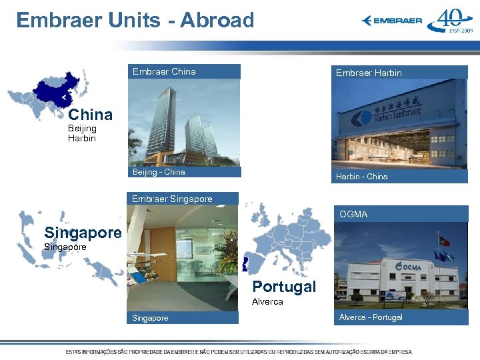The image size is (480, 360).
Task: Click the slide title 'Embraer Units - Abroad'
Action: pyautogui.click(x=135, y=20)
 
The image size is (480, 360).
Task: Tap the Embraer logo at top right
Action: pyautogui.click(x=392, y=21)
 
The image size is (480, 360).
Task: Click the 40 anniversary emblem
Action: pyautogui.click(x=450, y=21)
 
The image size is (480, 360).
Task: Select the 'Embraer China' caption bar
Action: pyautogui.click(x=183, y=71)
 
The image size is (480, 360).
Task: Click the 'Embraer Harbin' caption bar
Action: pyautogui.click(x=400, y=73)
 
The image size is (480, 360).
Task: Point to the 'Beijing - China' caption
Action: pyautogui.click(x=183, y=172)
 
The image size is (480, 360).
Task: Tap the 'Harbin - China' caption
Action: pyautogui.click(x=400, y=177)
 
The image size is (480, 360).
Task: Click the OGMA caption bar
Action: pyautogui.click(x=400, y=214)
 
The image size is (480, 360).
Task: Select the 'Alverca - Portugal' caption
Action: pyautogui.click(x=400, y=317)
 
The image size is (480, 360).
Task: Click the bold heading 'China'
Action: pyautogui.click(x=90, y=114)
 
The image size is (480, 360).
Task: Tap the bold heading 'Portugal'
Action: pyautogui.click(x=284, y=287)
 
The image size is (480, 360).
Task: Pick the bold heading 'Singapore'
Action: pyautogui.click(x=83, y=233)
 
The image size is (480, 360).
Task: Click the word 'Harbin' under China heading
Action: pyautogui.click(x=82, y=139)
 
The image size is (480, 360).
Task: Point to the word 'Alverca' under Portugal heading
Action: pyautogui.click(x=267, y=301)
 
